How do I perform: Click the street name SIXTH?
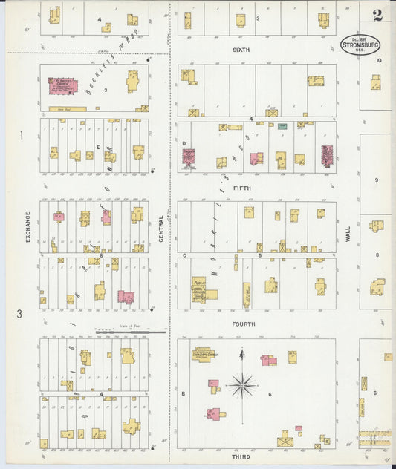[x=240, y=50]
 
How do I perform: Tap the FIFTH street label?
[x=242, y=188]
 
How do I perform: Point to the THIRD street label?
[x=241, y=457]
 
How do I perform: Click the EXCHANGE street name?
[x=27, y=227]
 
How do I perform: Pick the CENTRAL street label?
[x=161, y=229]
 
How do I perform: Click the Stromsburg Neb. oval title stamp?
[x=360, y=45]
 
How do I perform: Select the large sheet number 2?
[x=378, y=14]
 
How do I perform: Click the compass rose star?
[x=241, y=385]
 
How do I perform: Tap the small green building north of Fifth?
[x=282, y=128]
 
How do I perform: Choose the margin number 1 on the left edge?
[x=22, y=135]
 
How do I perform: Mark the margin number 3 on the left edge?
[x=20, y=313]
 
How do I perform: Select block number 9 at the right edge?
[x=377, y=180]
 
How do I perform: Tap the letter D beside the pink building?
[x=184, y=143]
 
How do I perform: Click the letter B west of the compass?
[x=183, y=393]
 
